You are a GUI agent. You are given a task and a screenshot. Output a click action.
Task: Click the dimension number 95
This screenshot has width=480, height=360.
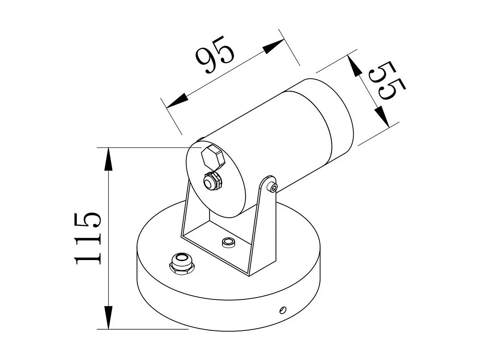[x=215, y=55]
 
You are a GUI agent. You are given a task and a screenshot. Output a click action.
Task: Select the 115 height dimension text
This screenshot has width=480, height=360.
[x=88, y=238]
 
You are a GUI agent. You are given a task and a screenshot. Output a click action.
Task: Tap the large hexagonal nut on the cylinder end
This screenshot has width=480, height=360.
[x=213, y=157]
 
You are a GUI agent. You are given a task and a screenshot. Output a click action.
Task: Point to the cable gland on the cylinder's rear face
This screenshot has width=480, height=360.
[x=213, y=182]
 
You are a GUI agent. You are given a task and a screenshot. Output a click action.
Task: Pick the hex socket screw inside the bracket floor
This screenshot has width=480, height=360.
[x=228, y=242]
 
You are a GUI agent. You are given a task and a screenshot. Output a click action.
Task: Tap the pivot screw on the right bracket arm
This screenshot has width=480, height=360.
[x=273, y=187]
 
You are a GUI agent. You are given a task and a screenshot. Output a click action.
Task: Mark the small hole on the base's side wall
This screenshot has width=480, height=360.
[x=282, y=310]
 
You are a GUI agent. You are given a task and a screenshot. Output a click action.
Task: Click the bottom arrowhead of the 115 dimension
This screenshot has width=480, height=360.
[x=109, y=318]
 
